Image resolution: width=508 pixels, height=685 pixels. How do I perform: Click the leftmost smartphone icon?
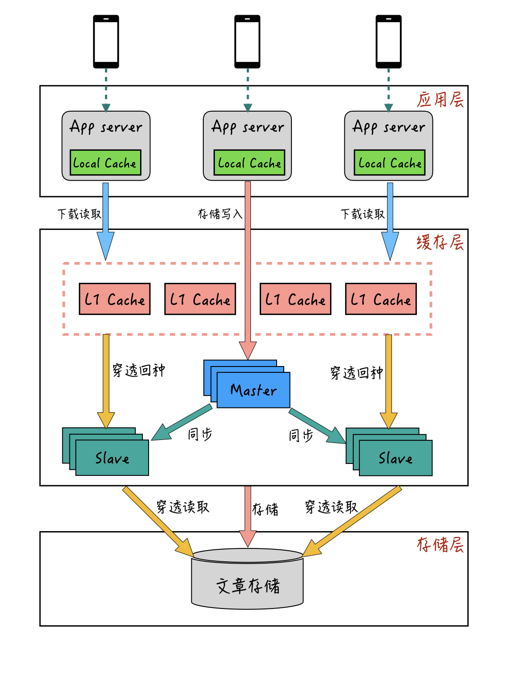click(106, 41)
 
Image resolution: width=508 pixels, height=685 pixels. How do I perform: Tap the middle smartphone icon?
click(247, 41)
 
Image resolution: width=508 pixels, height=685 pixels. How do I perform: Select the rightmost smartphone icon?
click(388, 41)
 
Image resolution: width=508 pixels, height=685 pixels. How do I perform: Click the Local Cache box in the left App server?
click(105, 163)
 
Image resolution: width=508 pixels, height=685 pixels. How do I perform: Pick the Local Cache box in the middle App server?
click(249, 163)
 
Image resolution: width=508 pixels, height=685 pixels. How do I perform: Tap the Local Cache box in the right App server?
click(390, 163)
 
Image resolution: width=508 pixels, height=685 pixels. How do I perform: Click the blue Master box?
click(253, 390)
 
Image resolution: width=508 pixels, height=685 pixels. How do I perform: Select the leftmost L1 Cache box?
click(115, 299)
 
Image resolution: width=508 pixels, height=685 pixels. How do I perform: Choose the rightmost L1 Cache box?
click(381, 299)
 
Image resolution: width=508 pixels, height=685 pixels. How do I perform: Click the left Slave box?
click(112, 458)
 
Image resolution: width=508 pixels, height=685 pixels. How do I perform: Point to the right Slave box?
click(395, 458)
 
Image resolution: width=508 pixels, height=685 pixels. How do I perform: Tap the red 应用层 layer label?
click(440, 100)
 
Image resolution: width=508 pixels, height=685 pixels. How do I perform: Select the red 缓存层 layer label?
click(440, 242)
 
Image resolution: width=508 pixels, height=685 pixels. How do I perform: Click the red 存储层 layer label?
click(440, 544)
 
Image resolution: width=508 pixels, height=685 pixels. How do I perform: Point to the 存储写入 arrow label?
click(220, 214)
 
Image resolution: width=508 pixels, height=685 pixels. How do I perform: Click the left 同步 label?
click(200, 434)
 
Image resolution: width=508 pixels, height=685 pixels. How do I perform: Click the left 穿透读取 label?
click(183, 507)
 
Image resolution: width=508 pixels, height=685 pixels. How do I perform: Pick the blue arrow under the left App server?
click(105, 220)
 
